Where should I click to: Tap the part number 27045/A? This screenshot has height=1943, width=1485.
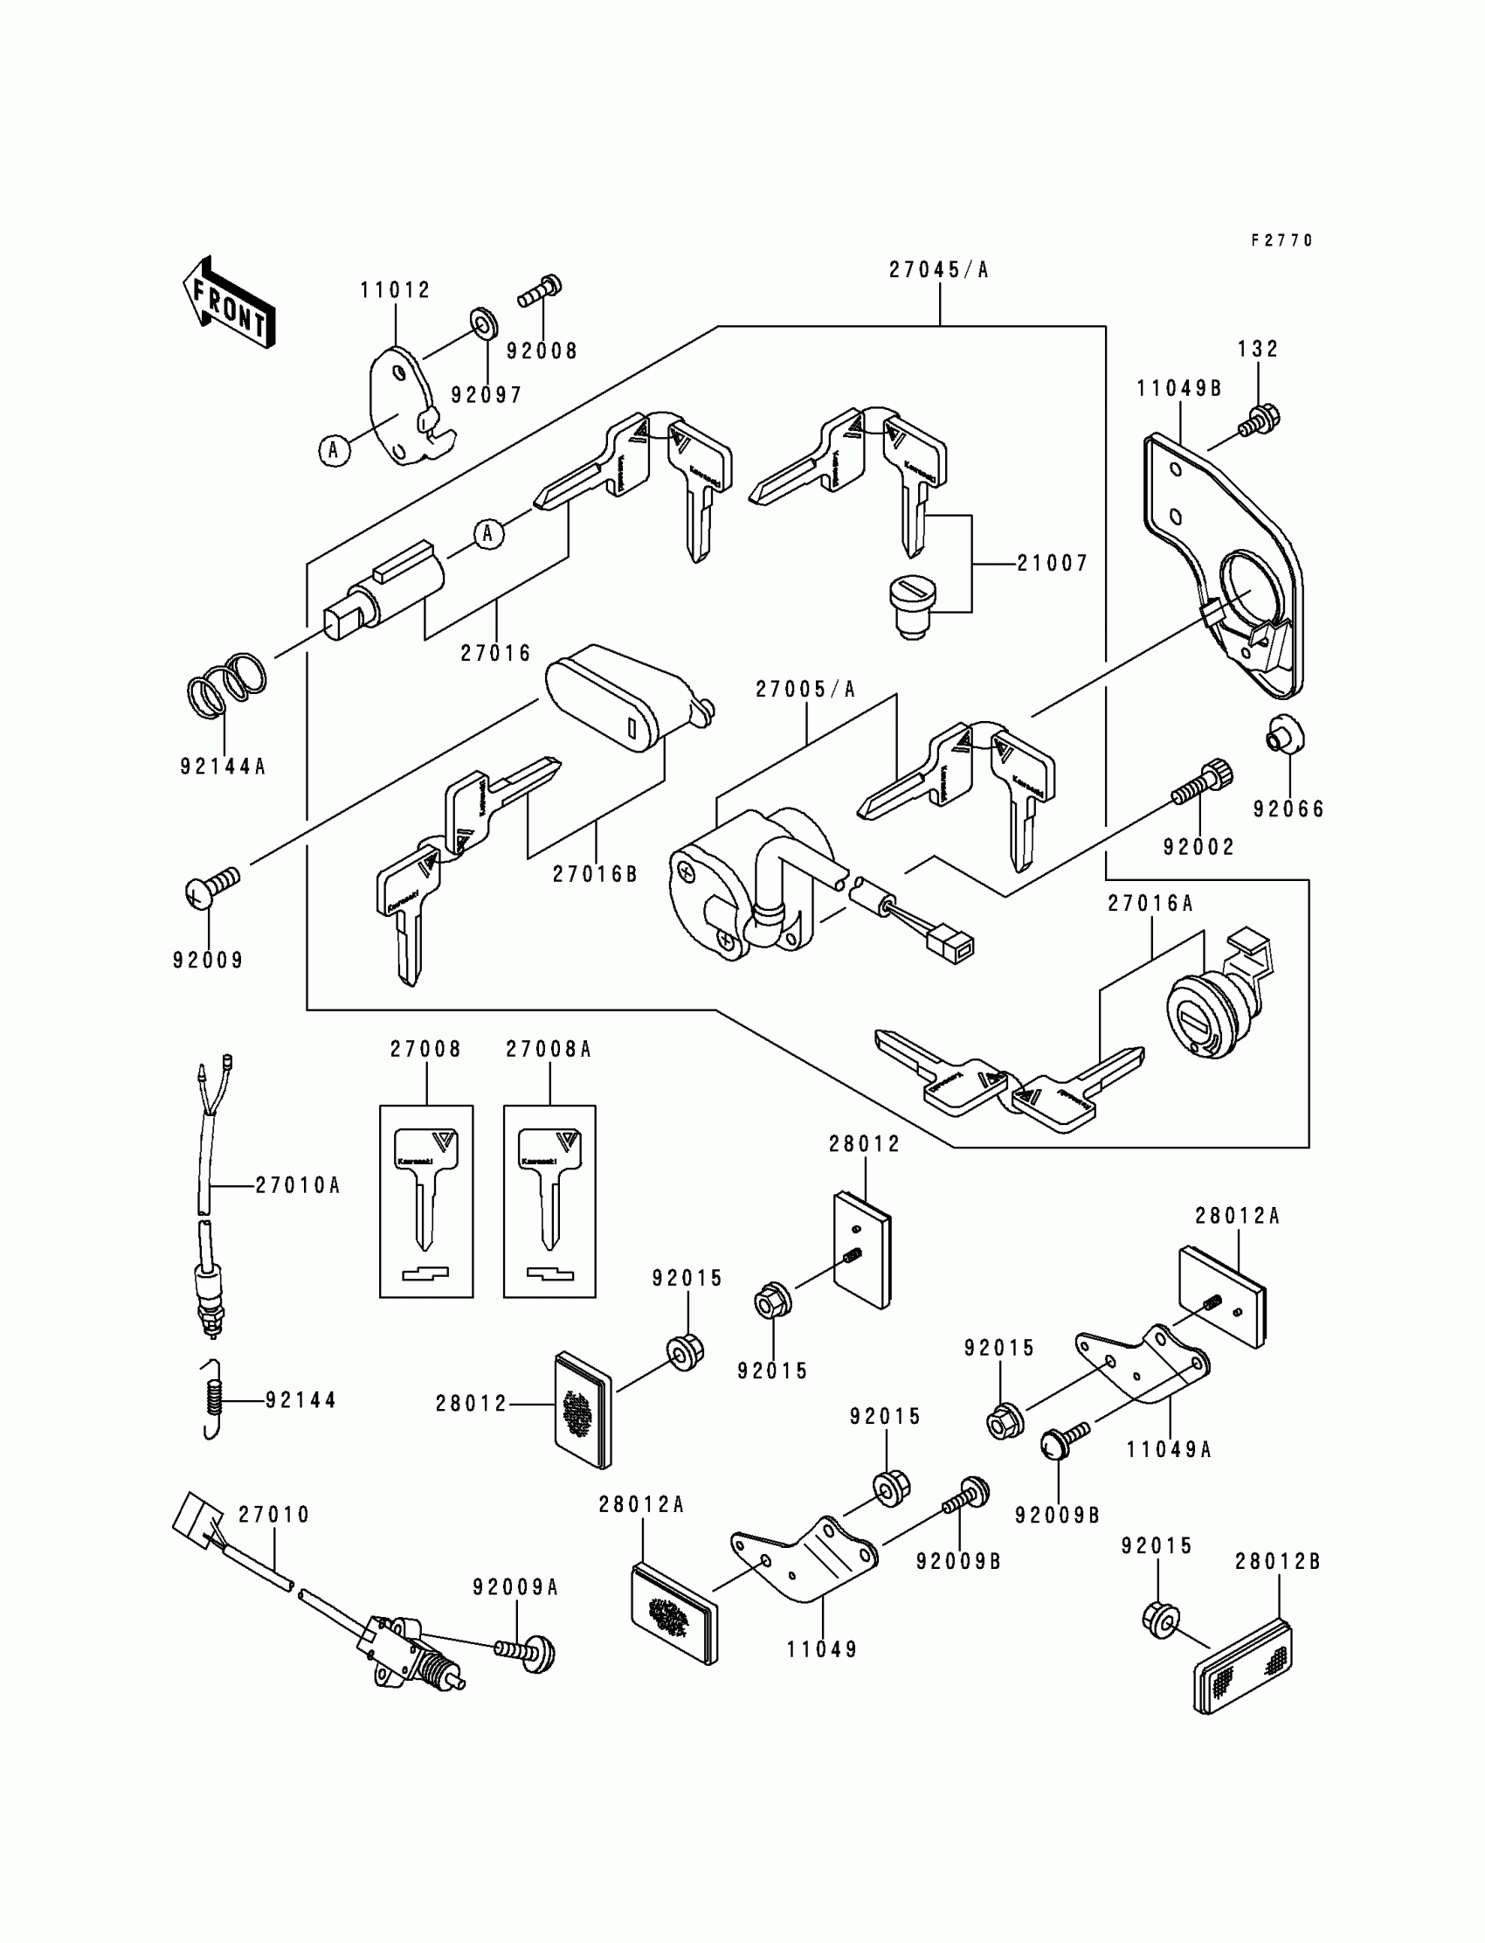(x=939, y=271)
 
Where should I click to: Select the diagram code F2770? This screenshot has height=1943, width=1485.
(x=1281, y=240)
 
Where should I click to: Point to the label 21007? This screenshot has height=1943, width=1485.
(x=1052, y=564)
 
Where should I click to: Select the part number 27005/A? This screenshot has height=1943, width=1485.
(x=805, y=690)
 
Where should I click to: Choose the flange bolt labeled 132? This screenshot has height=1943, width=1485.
(x=1260, y=420)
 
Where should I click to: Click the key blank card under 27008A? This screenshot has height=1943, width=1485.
(x=549, y=1201)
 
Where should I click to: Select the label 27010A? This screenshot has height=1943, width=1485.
(x=298, y=1186)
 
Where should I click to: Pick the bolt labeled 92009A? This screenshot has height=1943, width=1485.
(x=525, y=1651)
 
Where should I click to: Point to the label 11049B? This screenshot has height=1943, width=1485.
(x=1179, y=389)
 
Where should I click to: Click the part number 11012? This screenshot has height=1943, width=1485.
(x=395, y=291)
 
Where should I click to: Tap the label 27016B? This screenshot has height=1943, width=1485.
(x=595, y=875)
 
